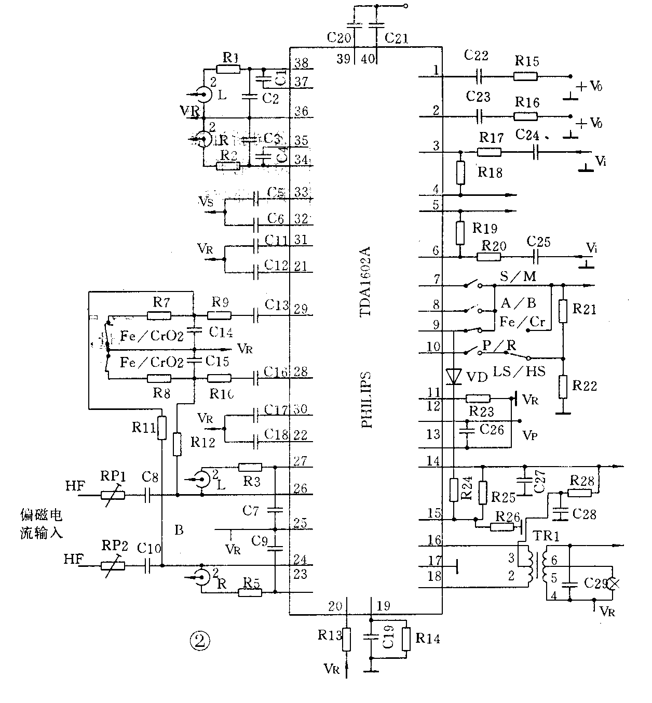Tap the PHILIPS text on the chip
366,399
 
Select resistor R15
526,76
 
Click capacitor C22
479,76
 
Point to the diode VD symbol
454,376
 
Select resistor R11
162,428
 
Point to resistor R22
563,386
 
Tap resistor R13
347,640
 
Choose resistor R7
159,315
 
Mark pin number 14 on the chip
433,461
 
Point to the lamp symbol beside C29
614,583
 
